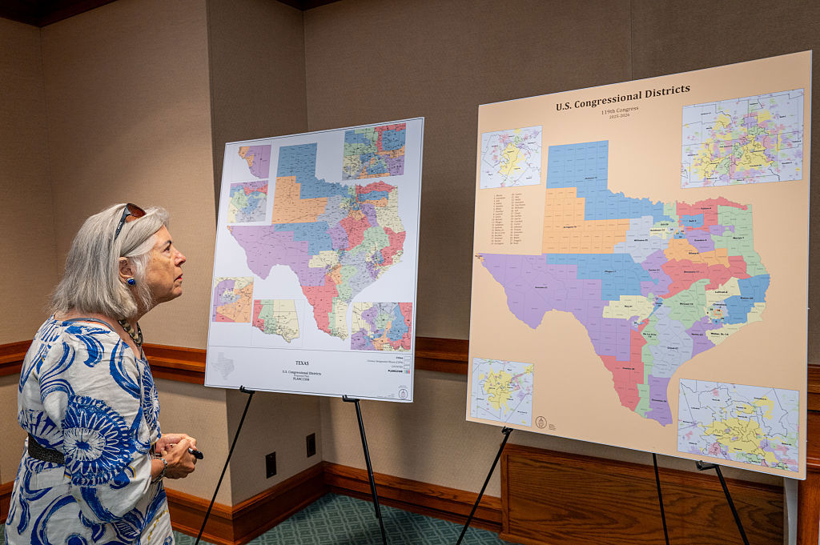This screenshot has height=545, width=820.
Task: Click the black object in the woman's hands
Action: click(195, 454)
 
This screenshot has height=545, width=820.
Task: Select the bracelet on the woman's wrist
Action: click(163, 465)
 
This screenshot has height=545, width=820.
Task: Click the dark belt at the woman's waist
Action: click(45, 452)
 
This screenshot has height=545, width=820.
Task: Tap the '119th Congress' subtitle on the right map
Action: click(620, 111)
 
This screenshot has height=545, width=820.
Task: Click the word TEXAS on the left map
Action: click(301, 363)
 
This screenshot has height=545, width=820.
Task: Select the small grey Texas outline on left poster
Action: click(223, 366)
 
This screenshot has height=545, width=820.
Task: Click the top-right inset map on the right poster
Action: click(742, 138)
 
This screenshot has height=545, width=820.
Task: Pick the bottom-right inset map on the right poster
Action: click(738, 425)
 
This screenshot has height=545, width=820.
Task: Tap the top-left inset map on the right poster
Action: click(511, 157)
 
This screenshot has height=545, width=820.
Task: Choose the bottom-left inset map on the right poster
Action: click(502, 391)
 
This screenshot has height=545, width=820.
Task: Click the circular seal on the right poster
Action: click(541, 423)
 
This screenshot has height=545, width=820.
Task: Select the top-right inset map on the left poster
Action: click(374, 151)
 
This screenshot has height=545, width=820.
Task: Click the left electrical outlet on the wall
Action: click(271, 464)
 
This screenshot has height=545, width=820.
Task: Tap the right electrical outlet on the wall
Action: click(311, 445)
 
